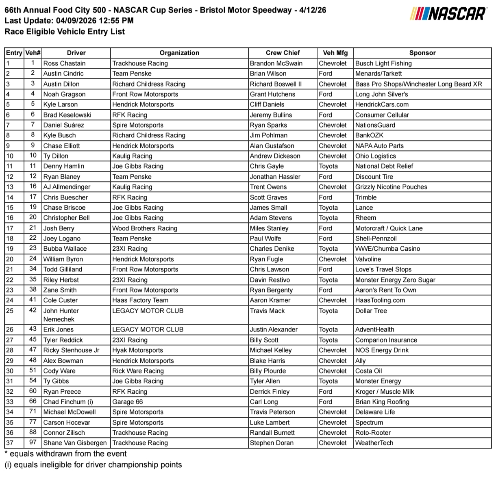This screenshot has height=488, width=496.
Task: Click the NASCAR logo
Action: click(x=448, y=14)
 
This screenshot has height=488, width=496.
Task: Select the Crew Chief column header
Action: click(x=283, y=53)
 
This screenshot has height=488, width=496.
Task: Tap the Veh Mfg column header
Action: click(x=335, y=53)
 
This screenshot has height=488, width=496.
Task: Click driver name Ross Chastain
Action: click(x=65, y=63)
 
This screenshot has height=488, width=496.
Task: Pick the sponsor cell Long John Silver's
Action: click(x=381, y=94)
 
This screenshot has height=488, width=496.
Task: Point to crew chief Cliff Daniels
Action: click(x=267, y=104)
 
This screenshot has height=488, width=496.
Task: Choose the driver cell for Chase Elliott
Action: click(x=62, y=146)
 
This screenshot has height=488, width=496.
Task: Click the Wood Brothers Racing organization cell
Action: click(x=145, y=228)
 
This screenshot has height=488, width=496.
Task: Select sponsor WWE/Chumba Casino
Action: click(x=387, y=249)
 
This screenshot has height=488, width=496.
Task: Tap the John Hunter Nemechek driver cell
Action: click(x=61, y=315)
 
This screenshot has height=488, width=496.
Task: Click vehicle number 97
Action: click(x=33, y=442)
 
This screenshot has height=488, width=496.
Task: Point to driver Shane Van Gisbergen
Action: click(x=75, y=443)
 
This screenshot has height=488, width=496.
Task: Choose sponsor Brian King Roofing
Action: click(x=382, y=402)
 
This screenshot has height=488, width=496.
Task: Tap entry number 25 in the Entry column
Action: click(x=10, y=311)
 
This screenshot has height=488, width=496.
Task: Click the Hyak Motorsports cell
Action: click(x=137, y=350)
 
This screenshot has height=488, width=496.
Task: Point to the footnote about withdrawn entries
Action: click(x=65, y=454)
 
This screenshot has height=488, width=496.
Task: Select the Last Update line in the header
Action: click(x=69, y=21)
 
